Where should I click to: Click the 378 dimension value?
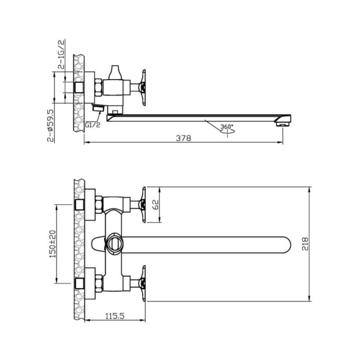click(184, 138)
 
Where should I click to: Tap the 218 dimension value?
click(305, 244)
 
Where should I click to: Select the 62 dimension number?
click(155, 204)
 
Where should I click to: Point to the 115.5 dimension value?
click(115, 316)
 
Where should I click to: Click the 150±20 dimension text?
click(53, 244)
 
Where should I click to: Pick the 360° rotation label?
click(227, 126)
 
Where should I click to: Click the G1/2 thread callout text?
click(93, 125)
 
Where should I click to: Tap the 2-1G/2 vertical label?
click(62, 54)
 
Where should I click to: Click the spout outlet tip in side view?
click(283, 124)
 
